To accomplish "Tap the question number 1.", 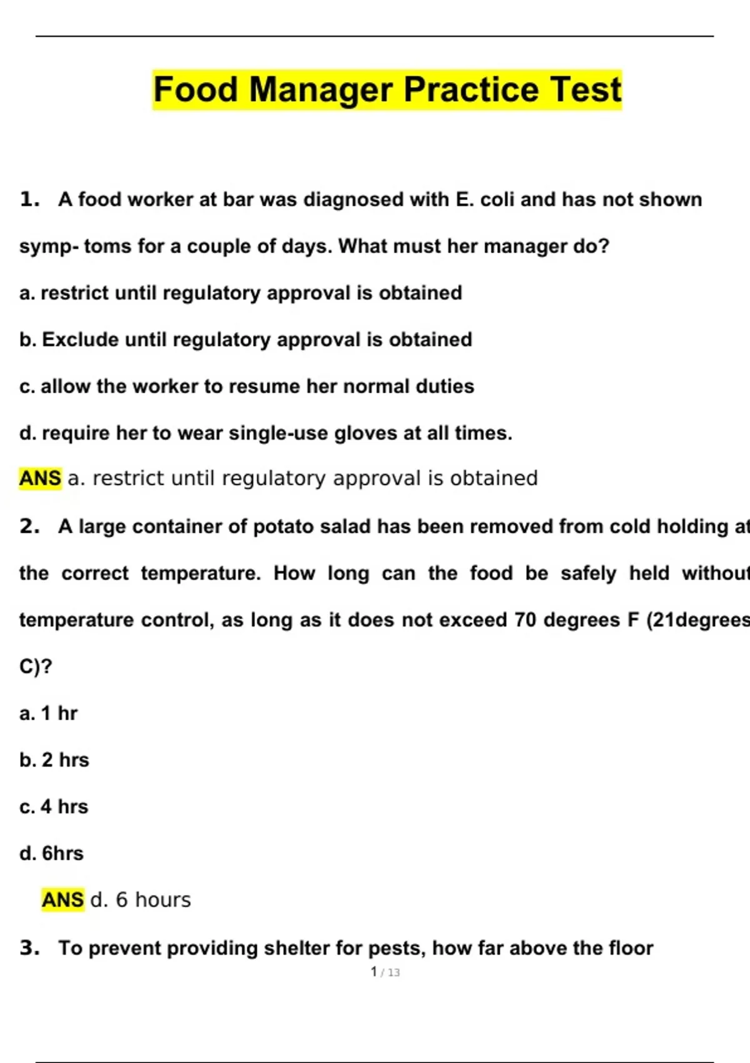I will click(x=29, y=199).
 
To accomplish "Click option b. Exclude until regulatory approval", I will click(x=246, y=340).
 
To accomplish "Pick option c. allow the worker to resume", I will click(x=246, y=386).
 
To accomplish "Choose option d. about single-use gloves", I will click(x=266, y=433).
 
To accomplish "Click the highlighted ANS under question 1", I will click(x=40, y=478).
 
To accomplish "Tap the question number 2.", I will click(x=29, y=526).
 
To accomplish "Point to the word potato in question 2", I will click(x=281, y=527).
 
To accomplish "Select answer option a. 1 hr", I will click(x=48, y=713).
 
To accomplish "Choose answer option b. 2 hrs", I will click(x=54, y=760).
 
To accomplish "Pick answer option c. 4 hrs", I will click(x=54, y=807).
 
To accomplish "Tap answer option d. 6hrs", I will click(x=51, y=854).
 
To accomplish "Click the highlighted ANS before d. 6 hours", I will click(x=62, y=900).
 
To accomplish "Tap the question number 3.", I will click(x=29, y=948).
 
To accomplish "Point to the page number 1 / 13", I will click(x=385, y=972).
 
